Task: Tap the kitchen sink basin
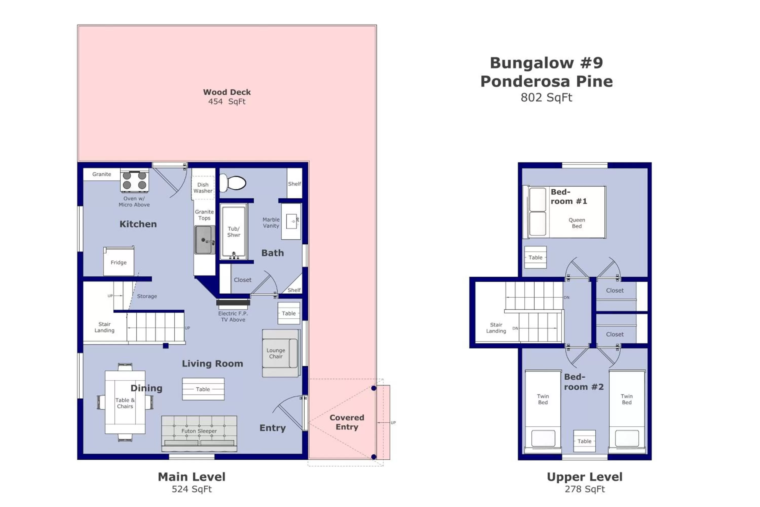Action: click(204, 240)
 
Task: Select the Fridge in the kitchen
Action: click(119, 262)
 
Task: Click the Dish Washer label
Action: click(203, 188)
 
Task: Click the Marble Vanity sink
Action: click(292, 221)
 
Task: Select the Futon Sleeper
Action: click(199, 433)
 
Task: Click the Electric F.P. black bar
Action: click(233, 303)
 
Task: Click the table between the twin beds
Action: click(584, 441)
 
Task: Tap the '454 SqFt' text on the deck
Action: click(227, 102)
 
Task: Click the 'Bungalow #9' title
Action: click(546, 63)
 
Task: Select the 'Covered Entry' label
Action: click(347, 422)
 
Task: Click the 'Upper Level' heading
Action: click(584, 477)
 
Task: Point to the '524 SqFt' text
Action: click(192, 489)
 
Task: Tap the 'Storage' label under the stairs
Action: click(147, 296)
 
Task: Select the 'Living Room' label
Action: click(212, 364)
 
